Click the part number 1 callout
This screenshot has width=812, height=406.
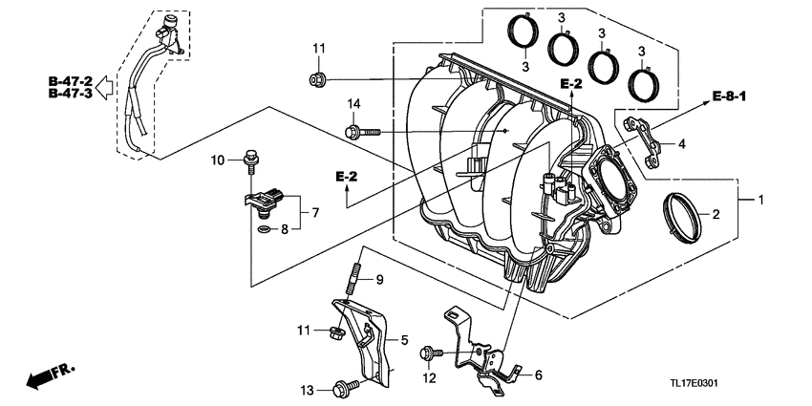[760, 201]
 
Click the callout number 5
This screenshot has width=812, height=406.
[404, 339]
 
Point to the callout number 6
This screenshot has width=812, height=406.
[538, 375]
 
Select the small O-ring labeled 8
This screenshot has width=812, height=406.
[262, 229]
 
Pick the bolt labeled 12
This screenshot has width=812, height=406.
[428, 354]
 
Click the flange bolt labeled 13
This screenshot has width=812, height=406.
[342, 388]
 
